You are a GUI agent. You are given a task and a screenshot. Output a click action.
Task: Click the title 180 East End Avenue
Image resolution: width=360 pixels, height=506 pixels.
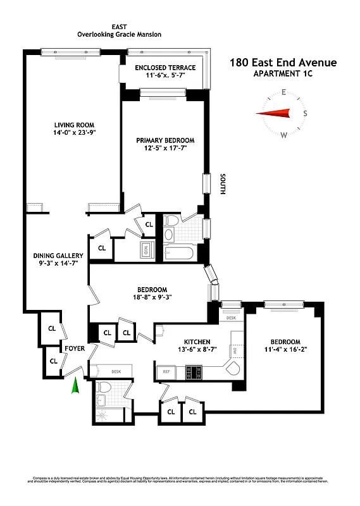283,62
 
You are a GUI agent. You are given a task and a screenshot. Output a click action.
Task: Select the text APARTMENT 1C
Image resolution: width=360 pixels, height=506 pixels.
283,74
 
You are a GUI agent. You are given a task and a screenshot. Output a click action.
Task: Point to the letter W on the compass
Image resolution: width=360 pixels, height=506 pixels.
283,135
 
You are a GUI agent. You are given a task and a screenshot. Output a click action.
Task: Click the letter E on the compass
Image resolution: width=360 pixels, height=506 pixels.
283,92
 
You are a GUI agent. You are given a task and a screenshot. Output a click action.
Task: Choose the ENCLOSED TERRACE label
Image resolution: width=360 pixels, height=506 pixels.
166,68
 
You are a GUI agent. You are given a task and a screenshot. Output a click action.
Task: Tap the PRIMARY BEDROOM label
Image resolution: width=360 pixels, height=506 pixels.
165,140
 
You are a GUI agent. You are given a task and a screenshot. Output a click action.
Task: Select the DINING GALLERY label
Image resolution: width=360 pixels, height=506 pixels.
58,256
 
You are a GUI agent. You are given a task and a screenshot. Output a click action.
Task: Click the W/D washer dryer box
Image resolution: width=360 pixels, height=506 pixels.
146,249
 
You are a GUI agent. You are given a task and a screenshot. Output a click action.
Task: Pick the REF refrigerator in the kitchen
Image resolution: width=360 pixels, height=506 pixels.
168,373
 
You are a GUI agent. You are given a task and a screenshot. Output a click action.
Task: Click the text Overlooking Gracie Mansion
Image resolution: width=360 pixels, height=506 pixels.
118,36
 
